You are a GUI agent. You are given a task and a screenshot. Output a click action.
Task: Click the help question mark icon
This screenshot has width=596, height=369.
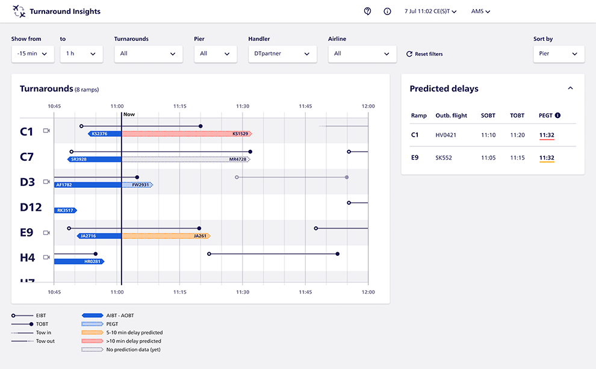(368, 11)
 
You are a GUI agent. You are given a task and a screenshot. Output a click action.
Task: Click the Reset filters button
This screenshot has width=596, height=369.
(424, 54)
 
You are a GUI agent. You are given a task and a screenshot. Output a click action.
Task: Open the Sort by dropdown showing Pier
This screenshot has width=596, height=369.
(559, 54)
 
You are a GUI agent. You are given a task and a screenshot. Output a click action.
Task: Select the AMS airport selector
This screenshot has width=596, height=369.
(480, 11)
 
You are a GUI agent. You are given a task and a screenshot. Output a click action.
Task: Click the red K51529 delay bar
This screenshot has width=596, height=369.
(187, 134)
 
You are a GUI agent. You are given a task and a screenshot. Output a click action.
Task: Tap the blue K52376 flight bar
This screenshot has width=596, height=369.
(105, 134)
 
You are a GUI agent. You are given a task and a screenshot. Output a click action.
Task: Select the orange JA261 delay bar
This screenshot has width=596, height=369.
(166, 236)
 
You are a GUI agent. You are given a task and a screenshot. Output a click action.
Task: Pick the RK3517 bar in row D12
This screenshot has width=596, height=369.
(66, 210)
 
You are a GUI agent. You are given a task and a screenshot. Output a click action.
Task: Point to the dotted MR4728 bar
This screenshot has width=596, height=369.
(186, 160)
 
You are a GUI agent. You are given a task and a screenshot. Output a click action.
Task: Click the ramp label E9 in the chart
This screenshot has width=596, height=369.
(27, 232)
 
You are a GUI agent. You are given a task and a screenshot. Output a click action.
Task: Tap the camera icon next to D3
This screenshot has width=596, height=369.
(46, 181)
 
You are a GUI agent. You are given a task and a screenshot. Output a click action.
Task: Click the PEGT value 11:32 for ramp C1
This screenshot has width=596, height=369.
(547, 135)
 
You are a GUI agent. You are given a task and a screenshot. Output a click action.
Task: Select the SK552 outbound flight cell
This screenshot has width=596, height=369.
(444, 158)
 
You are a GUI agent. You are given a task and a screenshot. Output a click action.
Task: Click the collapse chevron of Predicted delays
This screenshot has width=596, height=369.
(570, 88)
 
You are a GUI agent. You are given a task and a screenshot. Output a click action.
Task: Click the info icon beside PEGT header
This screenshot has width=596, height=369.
(557, 116)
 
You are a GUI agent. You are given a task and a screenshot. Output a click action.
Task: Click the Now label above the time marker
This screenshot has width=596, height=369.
(129, 114)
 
